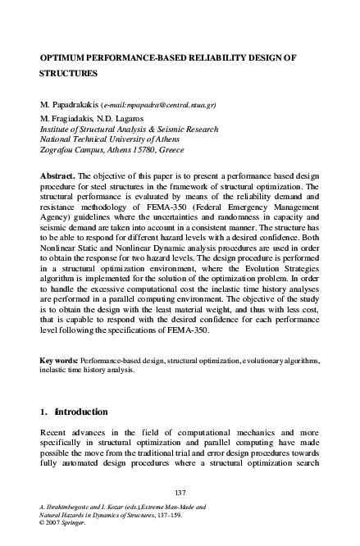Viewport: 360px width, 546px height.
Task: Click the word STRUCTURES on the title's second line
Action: [x=69, y=73]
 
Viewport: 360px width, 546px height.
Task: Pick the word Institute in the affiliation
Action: [x=54, y=130]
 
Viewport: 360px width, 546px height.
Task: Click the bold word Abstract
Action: [x=57, y=177]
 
